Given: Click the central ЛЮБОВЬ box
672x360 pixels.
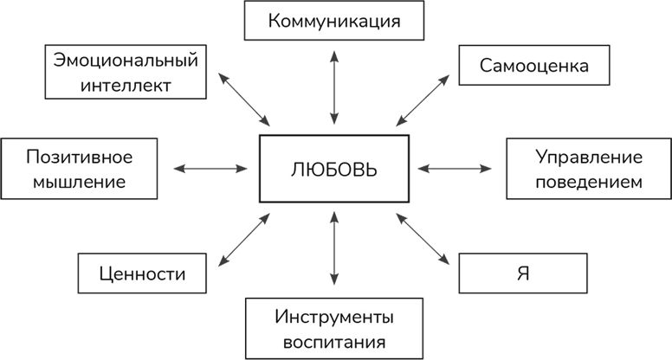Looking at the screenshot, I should [x=333, y=168].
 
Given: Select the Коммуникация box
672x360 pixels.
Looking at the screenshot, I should [x=334, y=21].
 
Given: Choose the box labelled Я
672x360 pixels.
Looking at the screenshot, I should [x=523, y=273].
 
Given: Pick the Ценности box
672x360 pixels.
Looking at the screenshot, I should [x=144, y=273].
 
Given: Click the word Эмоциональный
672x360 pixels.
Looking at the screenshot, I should [x=126, y=61].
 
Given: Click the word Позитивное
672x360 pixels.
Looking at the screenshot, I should [x=79, y=157].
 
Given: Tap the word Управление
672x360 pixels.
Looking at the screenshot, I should [x=588, y=157].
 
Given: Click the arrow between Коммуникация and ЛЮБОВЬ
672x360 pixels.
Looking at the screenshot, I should [x=334, y=87].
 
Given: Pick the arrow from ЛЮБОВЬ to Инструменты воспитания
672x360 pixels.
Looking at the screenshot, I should [x=334, y=251].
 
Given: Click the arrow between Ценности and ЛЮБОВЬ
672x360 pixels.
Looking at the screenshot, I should [x=246, y=240].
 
